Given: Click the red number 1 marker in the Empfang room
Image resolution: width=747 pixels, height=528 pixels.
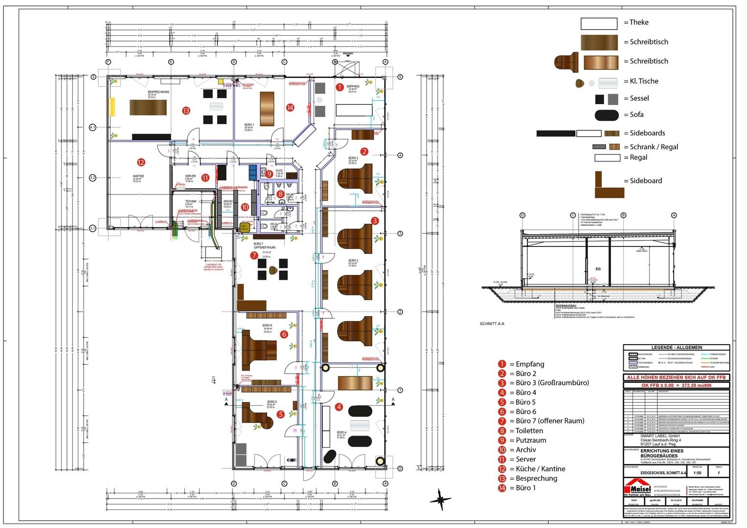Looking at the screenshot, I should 339,87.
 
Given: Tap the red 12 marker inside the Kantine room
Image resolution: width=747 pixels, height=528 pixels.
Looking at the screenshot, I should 141,162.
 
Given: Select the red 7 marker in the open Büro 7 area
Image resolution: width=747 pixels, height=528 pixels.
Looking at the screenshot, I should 254,255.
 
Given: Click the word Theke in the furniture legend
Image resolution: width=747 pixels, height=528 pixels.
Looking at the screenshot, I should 639,22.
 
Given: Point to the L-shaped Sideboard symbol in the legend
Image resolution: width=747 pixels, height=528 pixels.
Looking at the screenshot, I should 609,185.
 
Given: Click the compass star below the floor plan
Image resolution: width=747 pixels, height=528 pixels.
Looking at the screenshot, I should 440,499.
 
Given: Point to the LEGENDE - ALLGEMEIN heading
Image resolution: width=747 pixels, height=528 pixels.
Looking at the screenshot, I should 676,347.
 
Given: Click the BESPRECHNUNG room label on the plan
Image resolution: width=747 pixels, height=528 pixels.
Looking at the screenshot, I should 158,92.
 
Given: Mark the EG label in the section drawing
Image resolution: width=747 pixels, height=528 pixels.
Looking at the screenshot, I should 598,269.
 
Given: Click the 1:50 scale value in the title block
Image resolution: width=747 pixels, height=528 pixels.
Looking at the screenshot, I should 698,473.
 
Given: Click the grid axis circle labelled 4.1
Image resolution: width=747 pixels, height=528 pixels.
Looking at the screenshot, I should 93,128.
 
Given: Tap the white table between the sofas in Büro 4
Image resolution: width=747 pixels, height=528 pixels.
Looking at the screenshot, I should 362,424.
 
